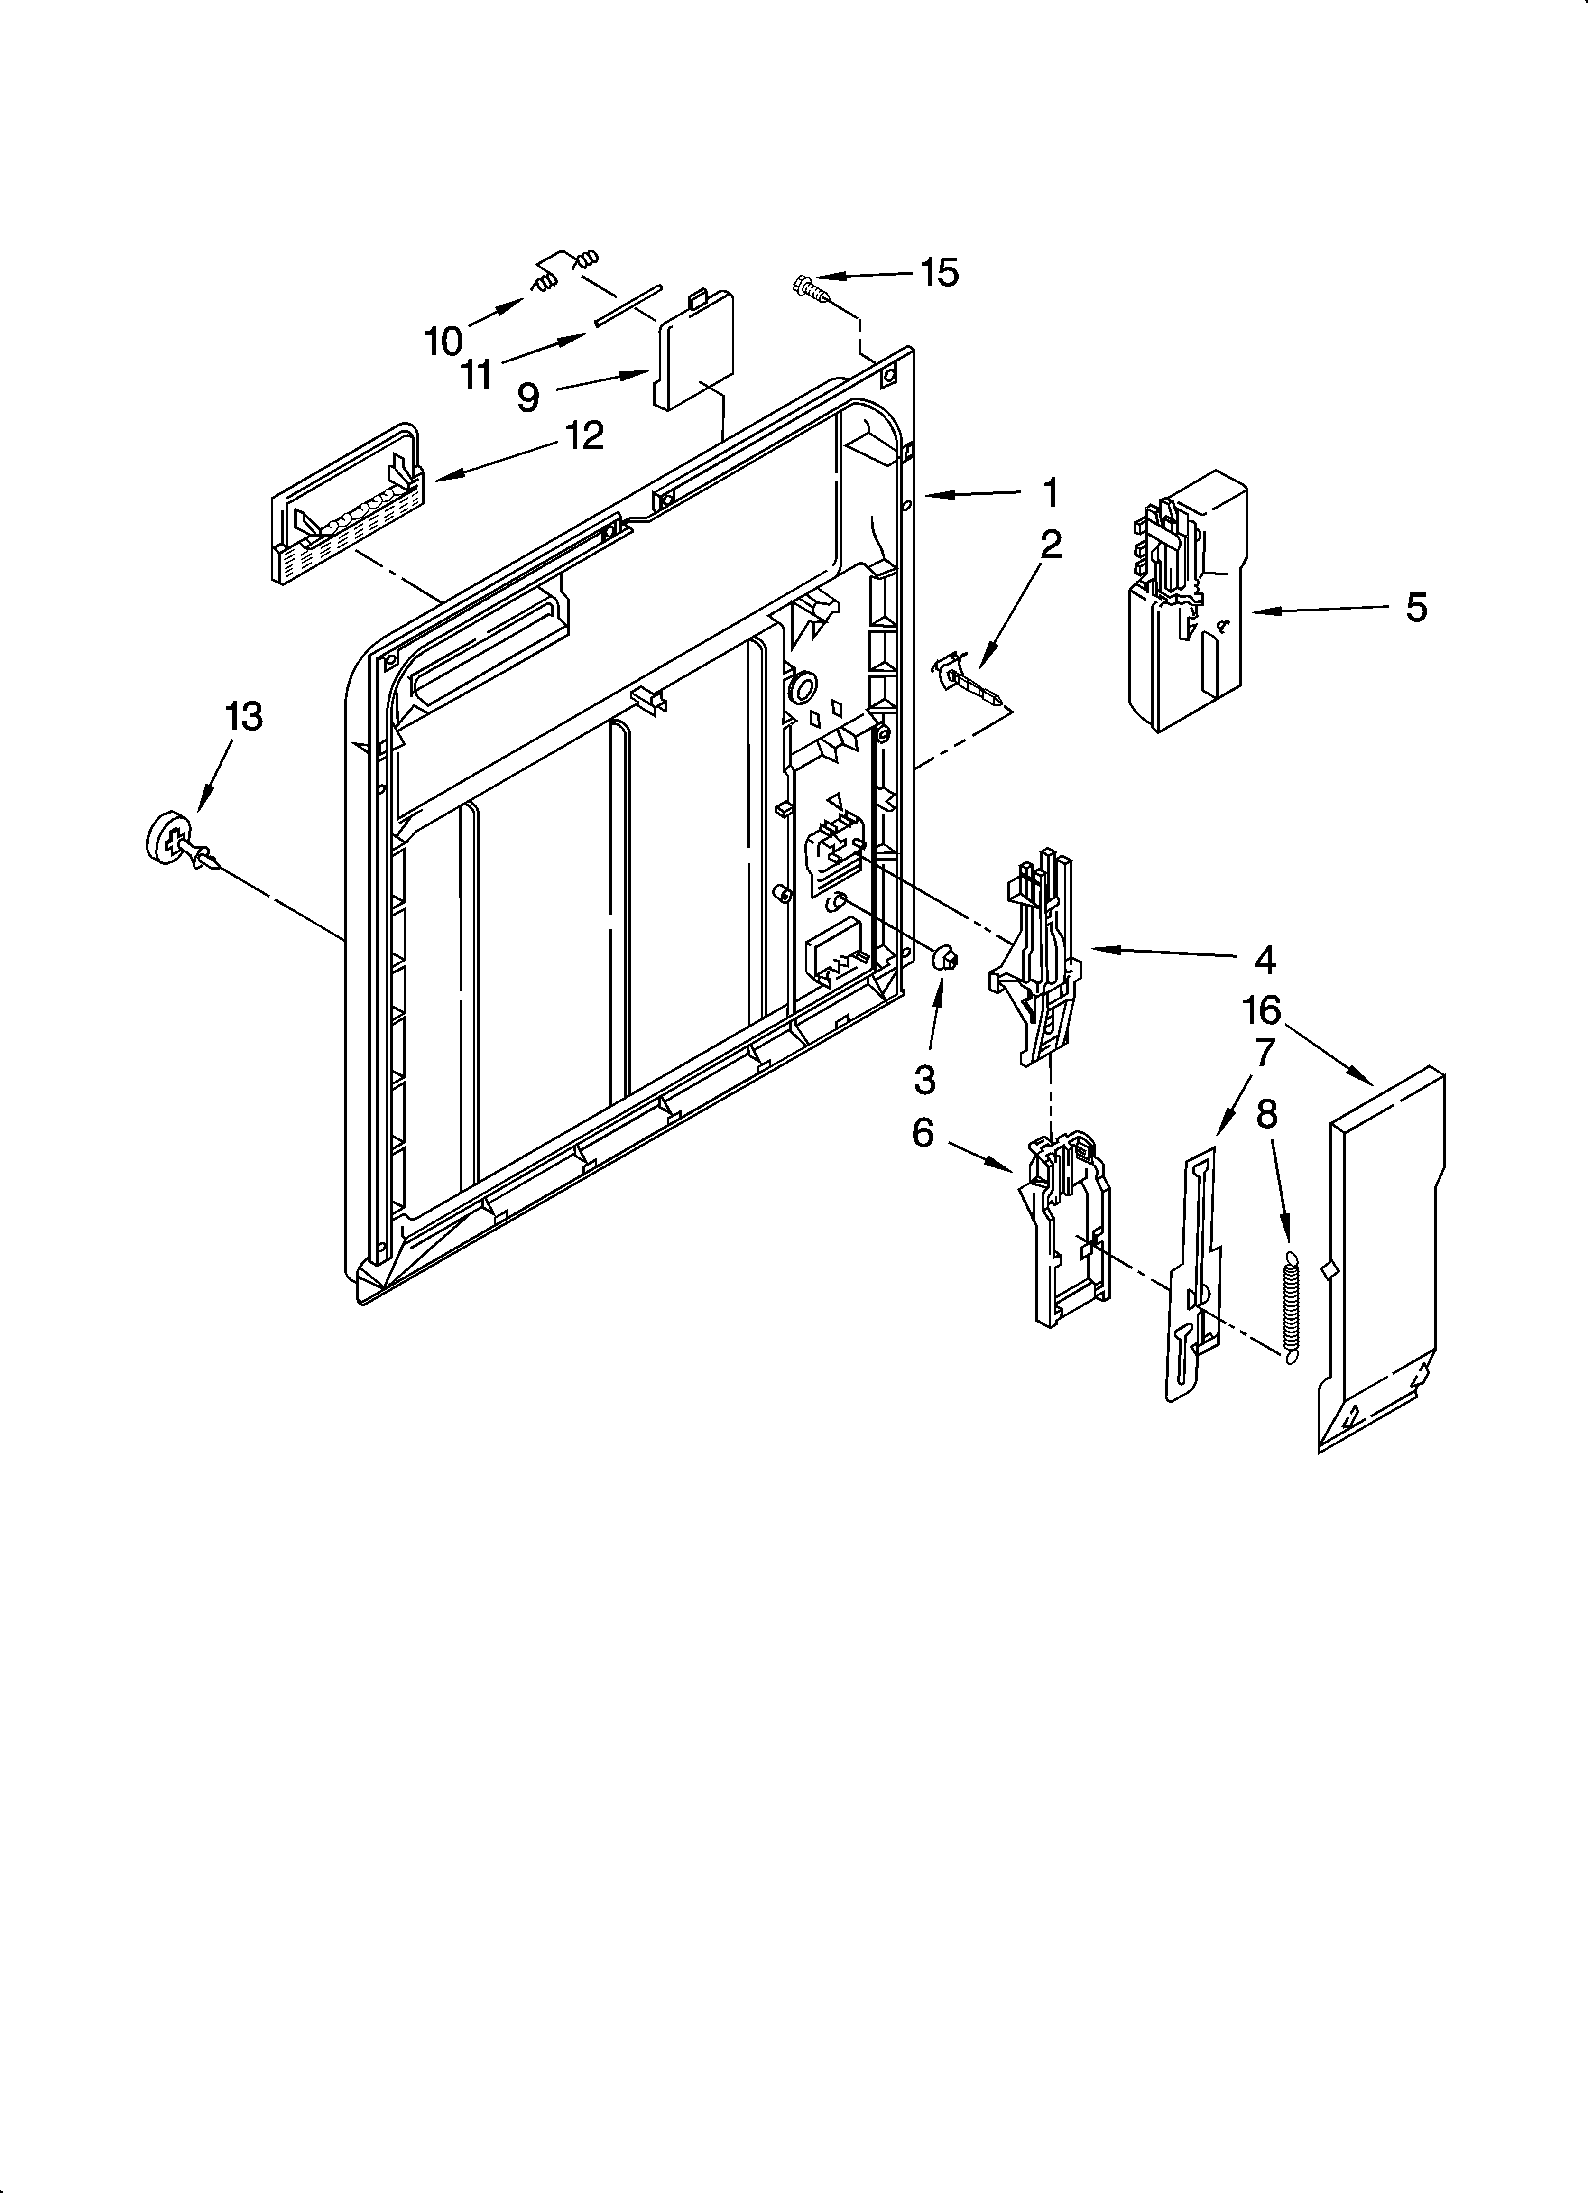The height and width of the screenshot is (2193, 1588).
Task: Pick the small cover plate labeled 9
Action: coord(694,353)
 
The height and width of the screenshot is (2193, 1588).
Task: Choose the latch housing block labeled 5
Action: coord(1188,600)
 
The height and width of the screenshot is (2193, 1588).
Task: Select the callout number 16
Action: coord(1261,1010)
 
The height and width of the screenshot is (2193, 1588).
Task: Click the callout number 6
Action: coord(923,1133)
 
